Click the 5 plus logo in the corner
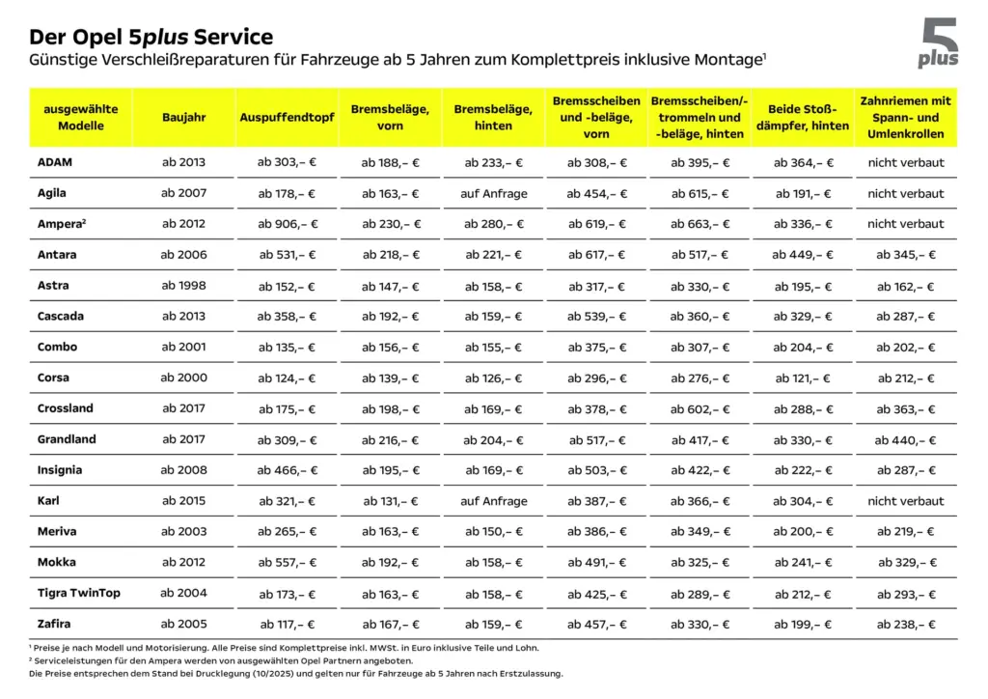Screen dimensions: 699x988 pyautogui.click(x=938, y=44)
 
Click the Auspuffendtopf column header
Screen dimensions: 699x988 pyautogui.click(x=287, y=117)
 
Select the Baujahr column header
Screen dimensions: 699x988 pyautogui.click(x=183, y=117)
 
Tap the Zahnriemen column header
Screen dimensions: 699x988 pyautogui.click(x=906, y=117)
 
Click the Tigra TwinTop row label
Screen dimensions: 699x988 pyautogui.click(x=79, y=593)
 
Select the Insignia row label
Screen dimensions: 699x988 pyautogui.click(x=60, y=470)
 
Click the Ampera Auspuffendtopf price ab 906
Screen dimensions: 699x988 pyautogui.click(x=287, y=224)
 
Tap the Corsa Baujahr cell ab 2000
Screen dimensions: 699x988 pyautogui.click(x=183, y=377)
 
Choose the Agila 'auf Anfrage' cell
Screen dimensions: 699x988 pyautogui.click(x=494, y=193)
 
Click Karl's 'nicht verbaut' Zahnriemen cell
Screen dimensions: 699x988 pyautogui.click(x=906, y=501)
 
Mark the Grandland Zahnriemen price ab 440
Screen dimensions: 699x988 pyautogui.click(x=906, y=439)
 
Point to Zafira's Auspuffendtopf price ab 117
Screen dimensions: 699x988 pyautogui.click(x=287, y=624)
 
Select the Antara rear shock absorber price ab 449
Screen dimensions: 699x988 pyautogui.click(x=803, y=255)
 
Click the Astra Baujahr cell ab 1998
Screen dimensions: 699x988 pyautogui.click(x=183, y=286)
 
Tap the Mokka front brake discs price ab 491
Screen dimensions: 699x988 pyautogui.click(x=596, y=562)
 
